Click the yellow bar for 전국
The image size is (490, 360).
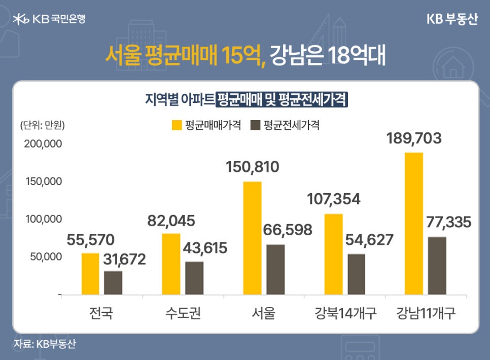click(90, 274)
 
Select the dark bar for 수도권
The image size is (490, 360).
click(194, 278)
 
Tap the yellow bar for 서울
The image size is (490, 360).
click(252, 238)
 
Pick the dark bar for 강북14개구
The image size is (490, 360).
click(356, 274)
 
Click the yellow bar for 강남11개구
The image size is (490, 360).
click(414, 223)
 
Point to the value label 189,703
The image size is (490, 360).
click(413, 138)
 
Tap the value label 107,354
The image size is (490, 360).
click(334, 199)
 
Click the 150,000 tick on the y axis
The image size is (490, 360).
click(44, 182)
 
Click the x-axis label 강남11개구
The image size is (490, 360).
click(426, 313)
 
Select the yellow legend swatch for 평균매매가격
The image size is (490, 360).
click(177, 125)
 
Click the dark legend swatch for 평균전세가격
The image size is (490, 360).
click(256, 125)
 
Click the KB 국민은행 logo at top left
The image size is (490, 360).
click(49, 19)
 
